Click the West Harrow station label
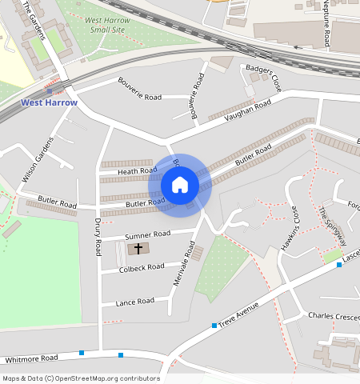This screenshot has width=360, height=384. click(49, 102)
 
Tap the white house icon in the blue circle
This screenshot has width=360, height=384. click(180, 186)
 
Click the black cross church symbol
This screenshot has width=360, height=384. click(138, 249)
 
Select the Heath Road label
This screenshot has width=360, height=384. click(138, 171)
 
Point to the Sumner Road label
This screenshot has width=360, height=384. click(148, 234)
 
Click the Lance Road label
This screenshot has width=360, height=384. click(134, 302)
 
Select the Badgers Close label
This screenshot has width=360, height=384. click(264, 77)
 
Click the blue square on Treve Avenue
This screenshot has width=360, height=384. click(214, 325)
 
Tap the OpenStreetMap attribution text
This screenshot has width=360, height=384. click(80, 378)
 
